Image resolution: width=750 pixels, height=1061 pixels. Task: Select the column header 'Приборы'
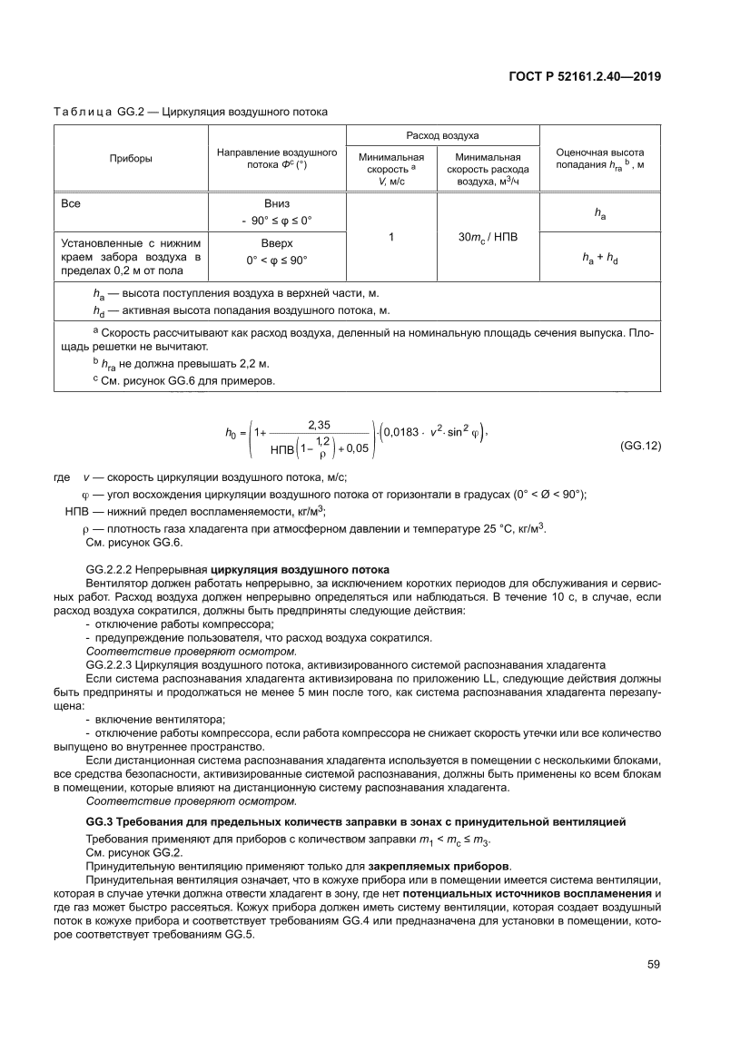131,159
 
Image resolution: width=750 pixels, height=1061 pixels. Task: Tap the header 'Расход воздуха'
443,135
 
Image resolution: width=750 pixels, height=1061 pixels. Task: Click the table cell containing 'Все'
71,203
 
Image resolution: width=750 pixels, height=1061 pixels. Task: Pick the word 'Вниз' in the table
277,203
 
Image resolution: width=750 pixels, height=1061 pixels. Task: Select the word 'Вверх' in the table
277,243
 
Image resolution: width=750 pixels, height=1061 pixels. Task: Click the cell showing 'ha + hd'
599,257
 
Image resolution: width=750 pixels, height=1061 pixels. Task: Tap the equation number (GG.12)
639,447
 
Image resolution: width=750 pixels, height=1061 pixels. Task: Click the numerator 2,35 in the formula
321,424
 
